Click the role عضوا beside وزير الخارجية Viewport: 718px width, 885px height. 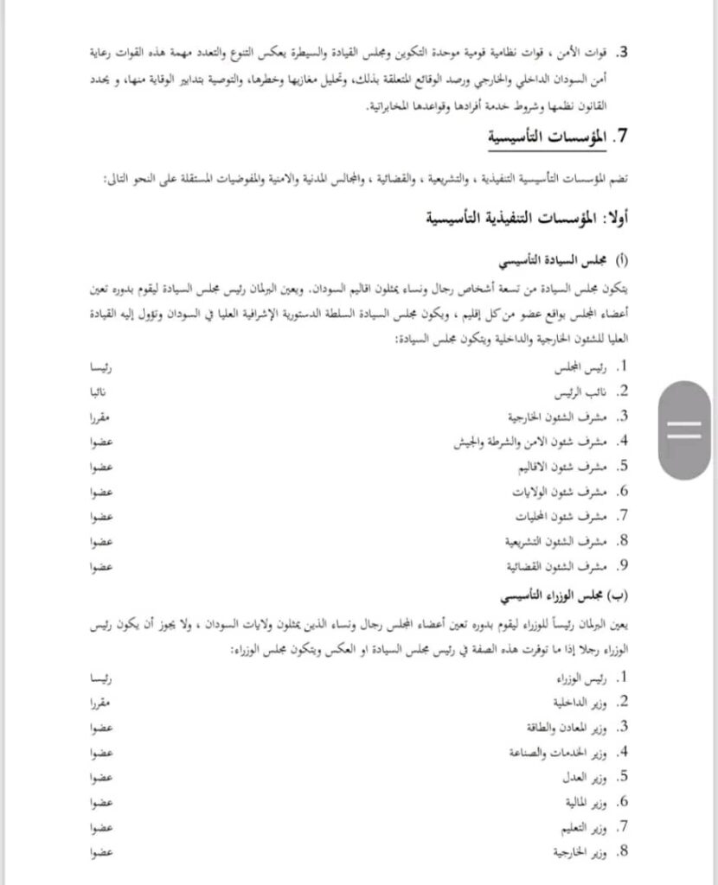pyautogui.click(x=102, y=851)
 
